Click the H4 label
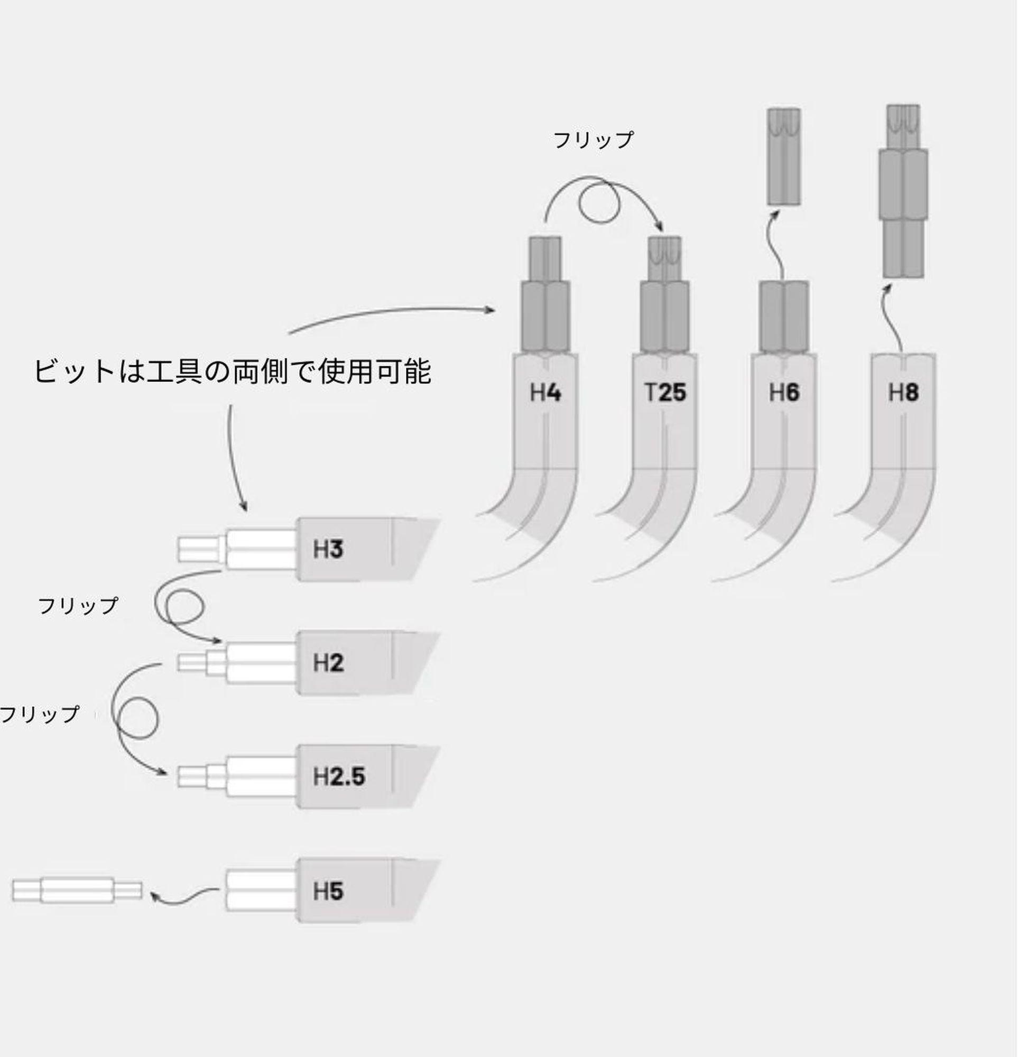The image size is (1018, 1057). (x=545, y=393)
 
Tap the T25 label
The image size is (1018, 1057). (x=665, y=393)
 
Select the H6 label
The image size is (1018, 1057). (x=784, y=393)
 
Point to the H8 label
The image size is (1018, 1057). (x=903, y=393)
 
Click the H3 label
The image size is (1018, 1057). (x=328, y=550)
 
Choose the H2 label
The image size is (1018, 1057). (x=328, y=663)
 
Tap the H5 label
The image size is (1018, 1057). (x=328, y=891)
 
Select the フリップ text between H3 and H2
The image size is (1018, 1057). (x=78, y=606)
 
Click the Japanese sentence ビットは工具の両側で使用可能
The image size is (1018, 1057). (x=233, y=372)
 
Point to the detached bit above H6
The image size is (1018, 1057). (x=784, y=156)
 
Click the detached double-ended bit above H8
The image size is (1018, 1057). (x=903, y=191)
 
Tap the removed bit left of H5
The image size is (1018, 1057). (x=77, y=891)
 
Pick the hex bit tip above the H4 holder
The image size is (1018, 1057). (x=545, y=259)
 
